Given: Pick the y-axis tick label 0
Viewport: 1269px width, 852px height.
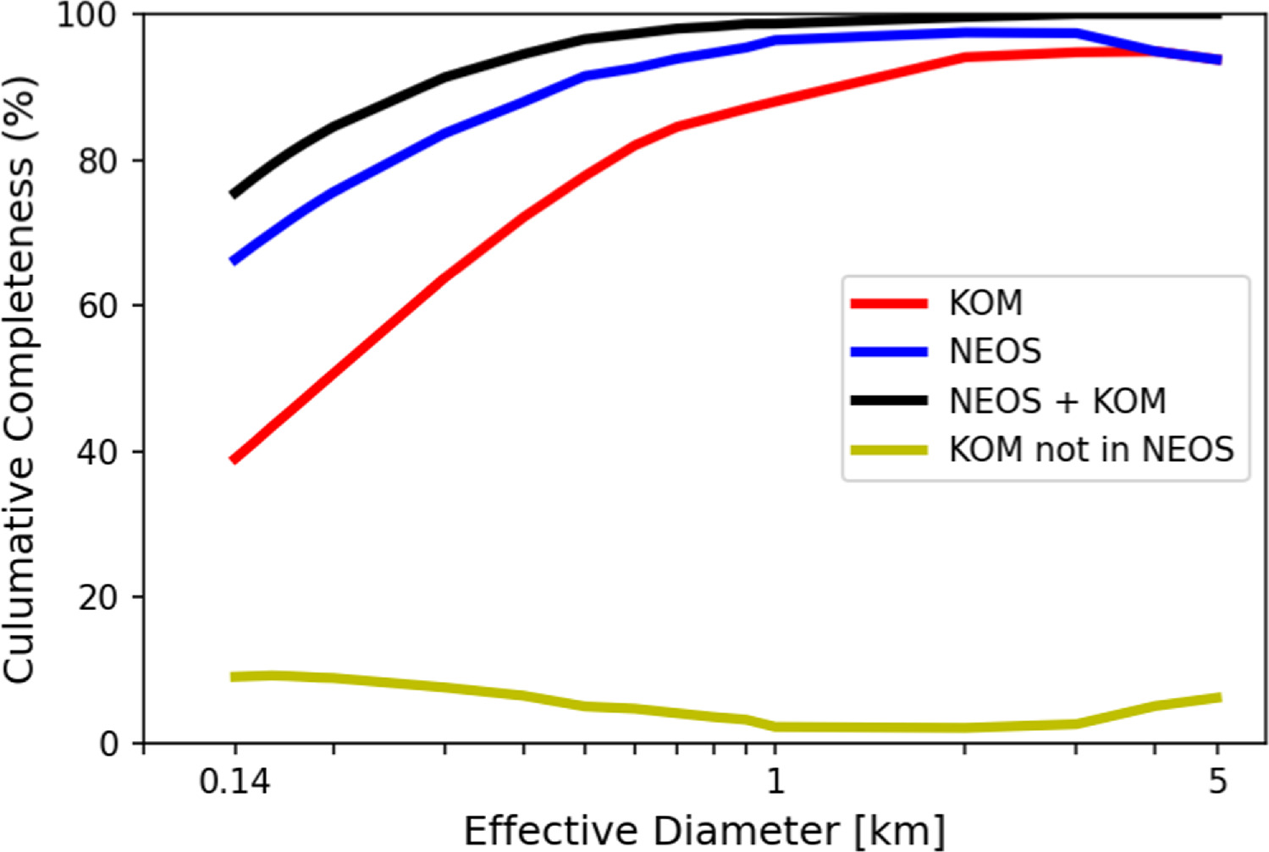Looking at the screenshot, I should coord(110,743).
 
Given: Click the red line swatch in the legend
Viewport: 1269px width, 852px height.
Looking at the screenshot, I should coord(889,303).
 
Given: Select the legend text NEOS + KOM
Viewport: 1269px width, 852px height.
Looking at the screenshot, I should coord(1057,401).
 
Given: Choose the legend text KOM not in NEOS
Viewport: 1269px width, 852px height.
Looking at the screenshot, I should coord(1091,450).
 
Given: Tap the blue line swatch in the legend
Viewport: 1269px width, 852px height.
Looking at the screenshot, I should coord(889,352).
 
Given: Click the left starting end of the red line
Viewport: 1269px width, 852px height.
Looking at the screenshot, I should coord(234,460).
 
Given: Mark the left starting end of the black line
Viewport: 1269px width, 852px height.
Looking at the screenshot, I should coord(234,195).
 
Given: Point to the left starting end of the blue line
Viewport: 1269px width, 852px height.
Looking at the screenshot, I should coord(234,261).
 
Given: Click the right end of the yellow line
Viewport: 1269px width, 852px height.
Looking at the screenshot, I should coord(1218,698).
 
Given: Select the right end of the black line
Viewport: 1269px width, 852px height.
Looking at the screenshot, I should coord(1218,14).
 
